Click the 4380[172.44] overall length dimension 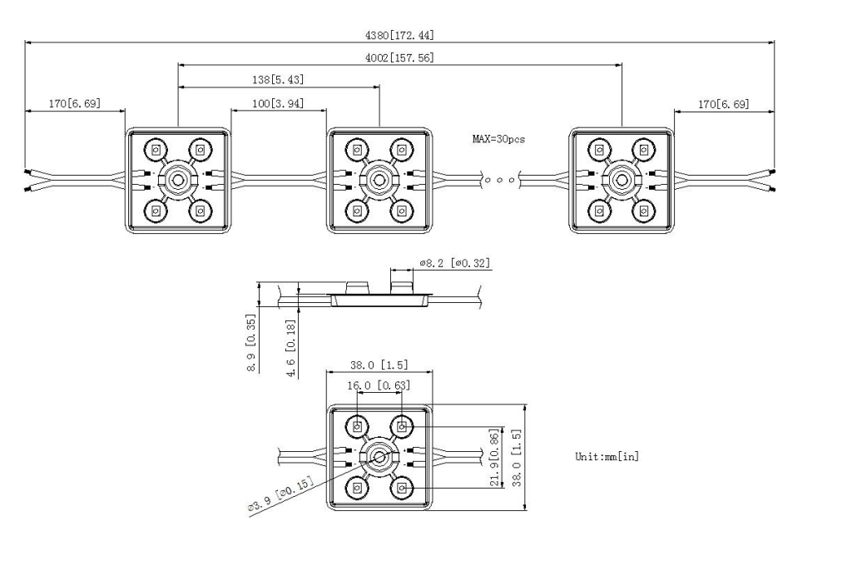(399, 35)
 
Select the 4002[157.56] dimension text (399, 57)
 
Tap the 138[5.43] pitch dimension (278, 79)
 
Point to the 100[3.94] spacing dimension (278, 103)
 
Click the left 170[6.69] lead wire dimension (75, 103)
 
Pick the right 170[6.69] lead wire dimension (723, 104)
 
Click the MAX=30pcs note (499, 139)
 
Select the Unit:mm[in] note (607, 456)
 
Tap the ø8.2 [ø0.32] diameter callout (455, 263)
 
